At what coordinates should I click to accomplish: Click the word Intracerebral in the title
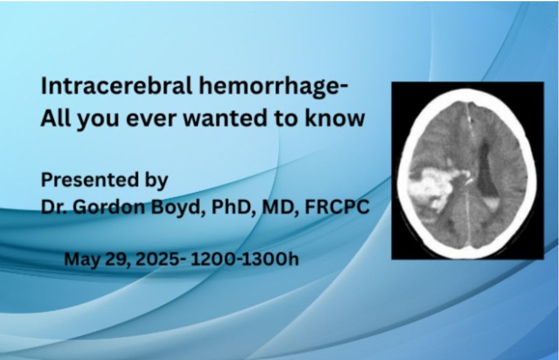coord(117,86)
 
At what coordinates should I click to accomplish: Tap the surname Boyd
coord(178,208)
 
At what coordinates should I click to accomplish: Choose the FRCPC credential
coord(337,206)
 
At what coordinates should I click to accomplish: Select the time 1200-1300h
coord(245,259)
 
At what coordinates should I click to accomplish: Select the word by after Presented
coord(156,181)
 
